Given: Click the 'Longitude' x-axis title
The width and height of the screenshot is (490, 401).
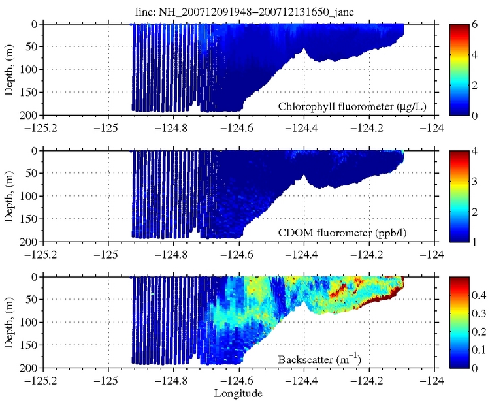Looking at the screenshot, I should [x=238, y=394].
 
